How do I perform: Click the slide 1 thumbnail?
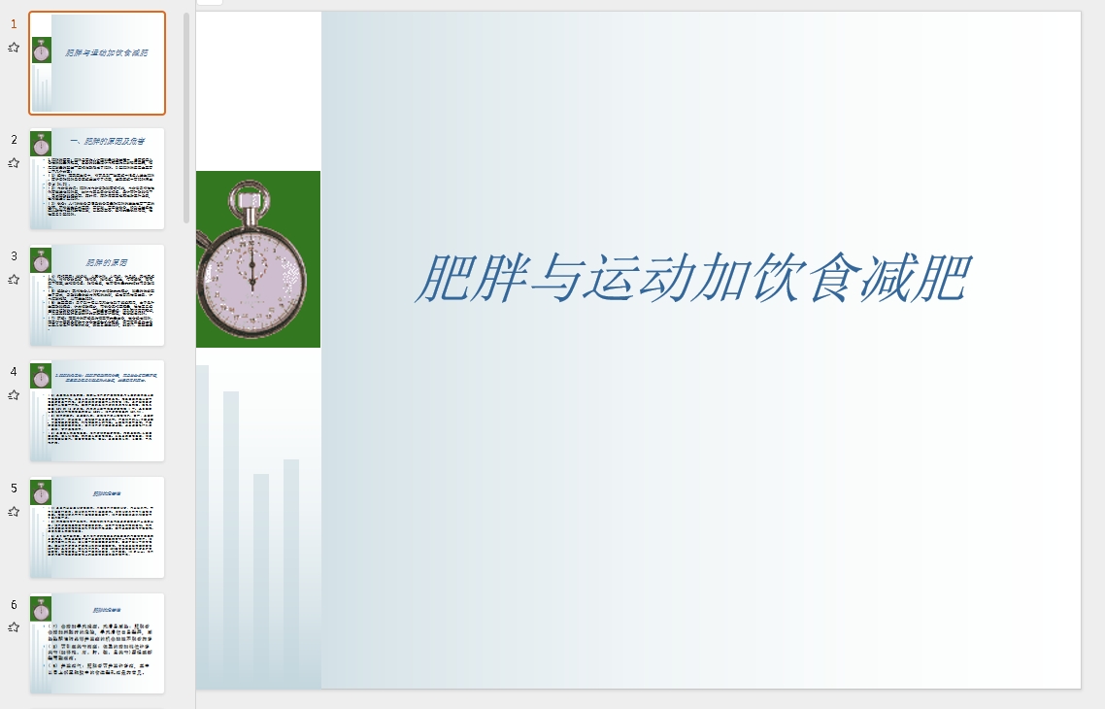pyautogui.click(x=97, y=63)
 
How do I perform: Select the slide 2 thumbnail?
pyautogui.click(x=97, y=179)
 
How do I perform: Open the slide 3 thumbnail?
pyautogui.click(x=97, y=295)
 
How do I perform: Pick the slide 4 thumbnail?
pyautogui.click(x=97, y=411)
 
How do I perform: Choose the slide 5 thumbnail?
pyautogui.click(x=97, y=527)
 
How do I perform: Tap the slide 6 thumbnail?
pyautogui.click(x=97, y=643)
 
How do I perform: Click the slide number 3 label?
pyautogui.click(x=15, y=256)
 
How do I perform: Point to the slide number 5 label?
pyautogui.click(x=15, y=489)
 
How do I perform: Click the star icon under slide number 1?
pyautogui.click(x=15, y=47)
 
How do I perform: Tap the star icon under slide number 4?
pyautogui.click(x=15, y=395)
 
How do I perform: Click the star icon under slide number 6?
pyautogui.click(x=15, y=627)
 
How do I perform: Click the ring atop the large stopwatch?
pyautogui.click(x=246, y=198)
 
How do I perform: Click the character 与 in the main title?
pyautogui.click(x=569, y=279)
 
